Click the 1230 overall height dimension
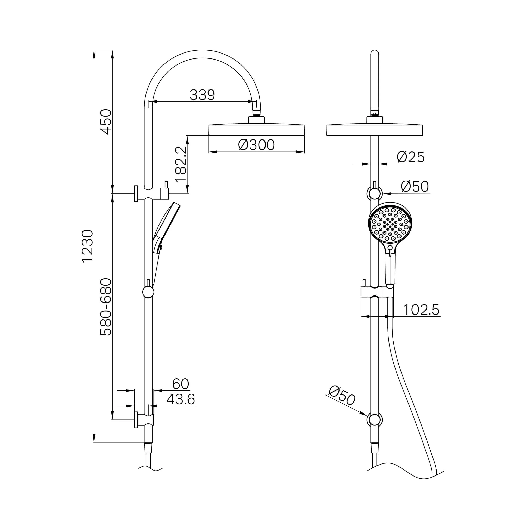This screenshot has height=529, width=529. coord(88,247)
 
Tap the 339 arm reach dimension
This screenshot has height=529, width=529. coord(202,95)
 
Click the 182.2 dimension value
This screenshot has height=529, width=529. coord(181,164)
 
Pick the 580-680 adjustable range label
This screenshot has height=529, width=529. coord(106,307)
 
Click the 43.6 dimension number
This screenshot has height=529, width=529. coord(181,399)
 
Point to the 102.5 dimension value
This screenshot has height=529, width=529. coord(421,310)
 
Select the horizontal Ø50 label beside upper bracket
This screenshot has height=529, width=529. coord(415,186)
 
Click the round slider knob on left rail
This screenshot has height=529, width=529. coord(148,292)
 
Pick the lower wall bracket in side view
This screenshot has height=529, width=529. coord(144,420)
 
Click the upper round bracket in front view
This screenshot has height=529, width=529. coord(375,194)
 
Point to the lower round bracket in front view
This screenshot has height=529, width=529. coord(375,420)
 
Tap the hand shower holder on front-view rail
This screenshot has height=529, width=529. coord(377,292)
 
